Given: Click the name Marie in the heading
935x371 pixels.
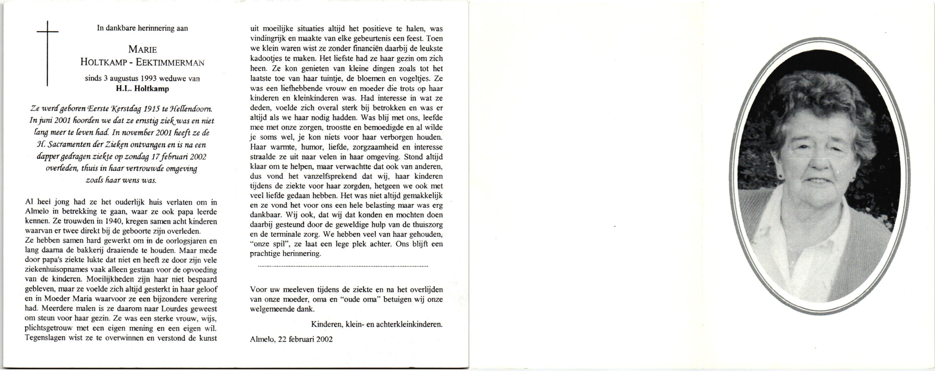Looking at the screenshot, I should [x=142, y=50].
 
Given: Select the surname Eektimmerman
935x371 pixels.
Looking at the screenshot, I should [x=170, y=62].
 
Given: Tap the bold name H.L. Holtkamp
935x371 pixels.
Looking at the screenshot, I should [x=142, y=88].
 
